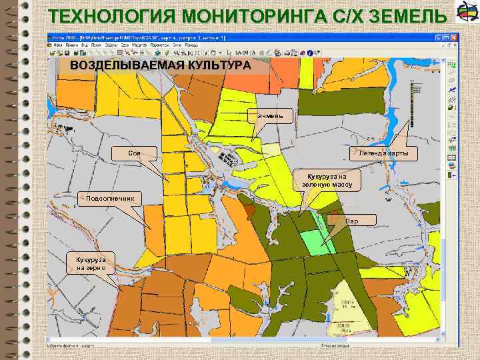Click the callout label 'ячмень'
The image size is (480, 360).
point(269,115)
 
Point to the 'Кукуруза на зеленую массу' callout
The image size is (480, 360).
point(327,178)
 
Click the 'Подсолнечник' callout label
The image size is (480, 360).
point(110,198)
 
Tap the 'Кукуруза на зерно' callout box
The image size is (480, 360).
point(91,263)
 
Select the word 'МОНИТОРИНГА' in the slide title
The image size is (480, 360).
point(219,15)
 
